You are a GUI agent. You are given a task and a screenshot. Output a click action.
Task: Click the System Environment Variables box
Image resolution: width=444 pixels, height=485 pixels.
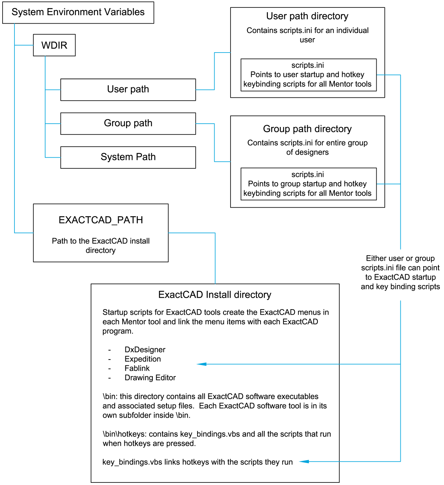pyautogui.click(x=78, y=12)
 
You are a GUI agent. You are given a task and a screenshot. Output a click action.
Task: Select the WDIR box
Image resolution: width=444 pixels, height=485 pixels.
pyautogui.click(x=54, y=45)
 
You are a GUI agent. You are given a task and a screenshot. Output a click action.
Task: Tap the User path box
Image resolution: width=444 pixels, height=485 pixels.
pyautogui.click(x=128, y=89)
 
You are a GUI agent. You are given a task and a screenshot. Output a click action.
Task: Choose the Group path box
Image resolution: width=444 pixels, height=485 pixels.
pyautogui.click(x=128, y=123)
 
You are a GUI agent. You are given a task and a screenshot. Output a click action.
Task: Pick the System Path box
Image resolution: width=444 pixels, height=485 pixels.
pyautogui.click(x=128, y=157)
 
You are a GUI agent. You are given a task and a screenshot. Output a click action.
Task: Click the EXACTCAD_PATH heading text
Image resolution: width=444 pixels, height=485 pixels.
pyautogui.click(x=101, y=220)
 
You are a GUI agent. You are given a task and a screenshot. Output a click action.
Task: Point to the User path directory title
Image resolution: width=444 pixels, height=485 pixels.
pyautogui.click(x=307, y=16)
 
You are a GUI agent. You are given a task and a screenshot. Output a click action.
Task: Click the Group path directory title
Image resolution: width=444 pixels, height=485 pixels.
pyautogui.click(x=307, y=129)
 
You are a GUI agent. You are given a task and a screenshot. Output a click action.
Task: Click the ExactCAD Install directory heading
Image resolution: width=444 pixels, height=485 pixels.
pyautogui.click(x=215, y=295)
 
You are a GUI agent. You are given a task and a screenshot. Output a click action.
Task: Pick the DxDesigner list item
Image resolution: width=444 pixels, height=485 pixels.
pyautogui.click(x=145, y=349)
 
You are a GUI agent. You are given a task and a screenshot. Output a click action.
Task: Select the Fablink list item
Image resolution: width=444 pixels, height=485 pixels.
pyautogui.click(x=137, y=368)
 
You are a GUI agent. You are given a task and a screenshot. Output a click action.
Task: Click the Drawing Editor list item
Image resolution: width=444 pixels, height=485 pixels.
pyautogui.click(x=150, y=378)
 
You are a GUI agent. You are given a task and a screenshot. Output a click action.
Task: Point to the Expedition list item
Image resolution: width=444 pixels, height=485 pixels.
pyautogui.click(x=142, y=359)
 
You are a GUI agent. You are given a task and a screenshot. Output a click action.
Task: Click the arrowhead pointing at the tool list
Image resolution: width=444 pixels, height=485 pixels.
pyautogui.click(x=201, y=364)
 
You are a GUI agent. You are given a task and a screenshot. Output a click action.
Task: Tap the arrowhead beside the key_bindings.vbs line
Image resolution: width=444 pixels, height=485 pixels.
pyautogui.click(x=304, y=461)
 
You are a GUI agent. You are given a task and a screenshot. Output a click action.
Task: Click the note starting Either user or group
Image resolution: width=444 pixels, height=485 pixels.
pyautogui.click(x=400, y=272)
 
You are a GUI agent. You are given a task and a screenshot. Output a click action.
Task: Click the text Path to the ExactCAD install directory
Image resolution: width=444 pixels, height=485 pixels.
pyautogui.click(x=101, y=245)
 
